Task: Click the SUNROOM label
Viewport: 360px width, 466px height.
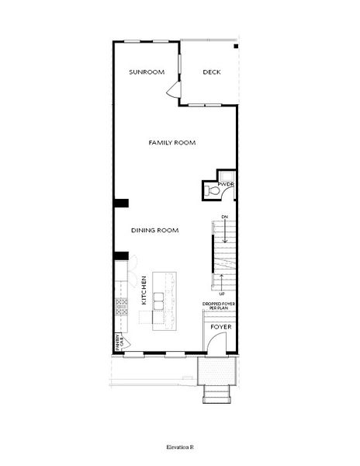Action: (x=147, y=72)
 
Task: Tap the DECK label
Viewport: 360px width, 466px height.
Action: (x=212, y=72)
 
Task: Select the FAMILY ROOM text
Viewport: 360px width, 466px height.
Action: (x=172, y=143)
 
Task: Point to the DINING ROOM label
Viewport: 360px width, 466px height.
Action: (x=155, y=230)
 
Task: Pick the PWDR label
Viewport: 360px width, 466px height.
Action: (x=226, y=184)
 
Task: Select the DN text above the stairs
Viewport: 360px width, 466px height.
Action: (x=223, y=215)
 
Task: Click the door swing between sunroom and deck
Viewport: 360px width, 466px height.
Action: (x=173, y=93)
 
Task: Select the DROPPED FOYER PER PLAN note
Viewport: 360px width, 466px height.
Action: (x=220, y=307)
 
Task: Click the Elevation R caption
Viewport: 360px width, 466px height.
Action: (x=180, y=449)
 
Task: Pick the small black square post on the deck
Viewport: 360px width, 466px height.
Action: (x=236, y=46)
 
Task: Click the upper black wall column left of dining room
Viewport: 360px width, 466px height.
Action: (x=121, y=203)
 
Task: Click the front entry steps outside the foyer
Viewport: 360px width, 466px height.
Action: (x=216, y=393)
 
